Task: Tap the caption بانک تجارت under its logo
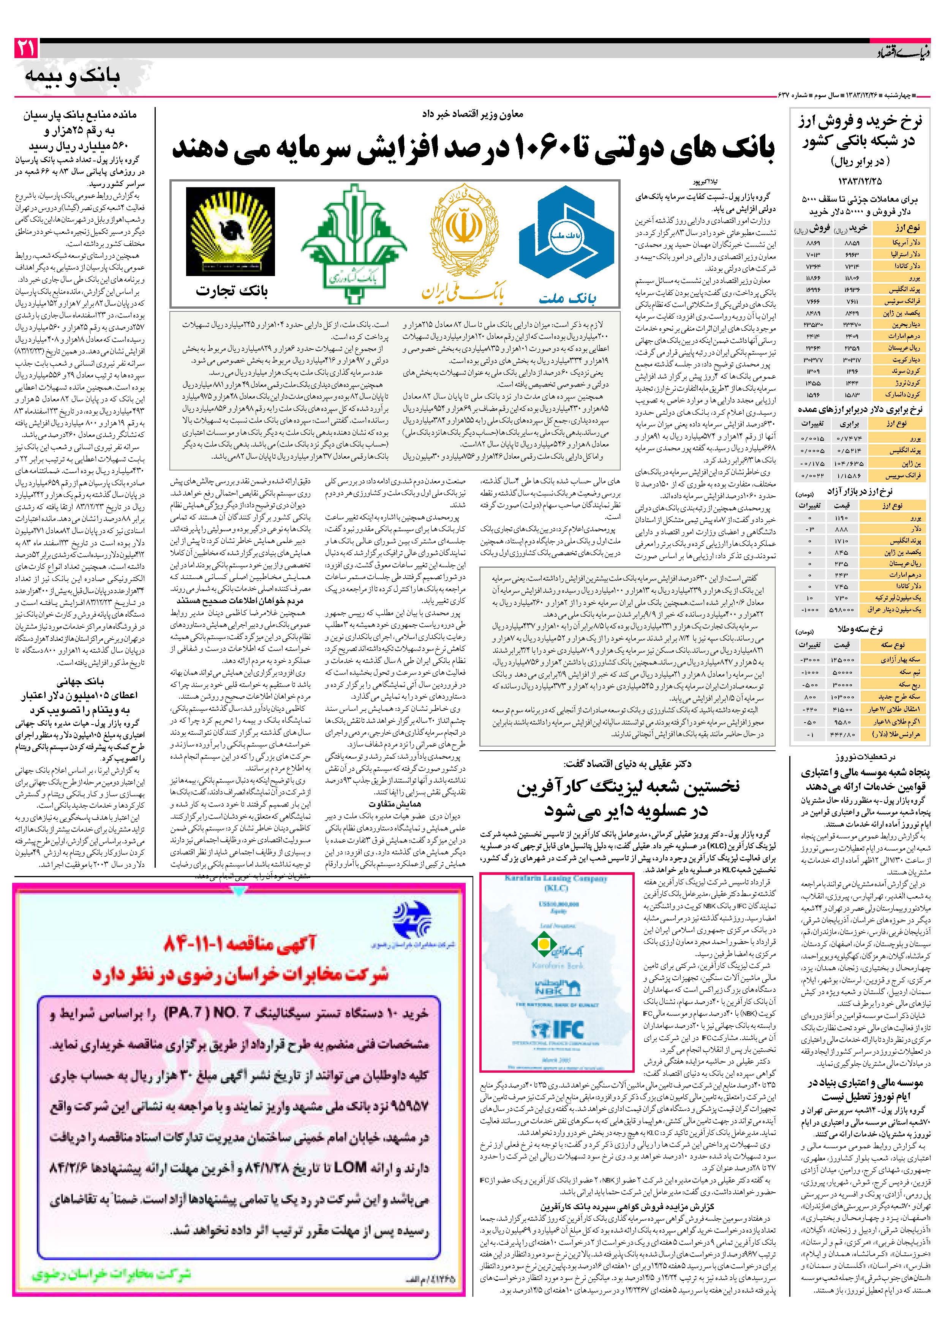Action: pyautogui.click(x=232, y=290)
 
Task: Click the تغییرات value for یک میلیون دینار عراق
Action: pyautogui.click(x=811, y=610)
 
